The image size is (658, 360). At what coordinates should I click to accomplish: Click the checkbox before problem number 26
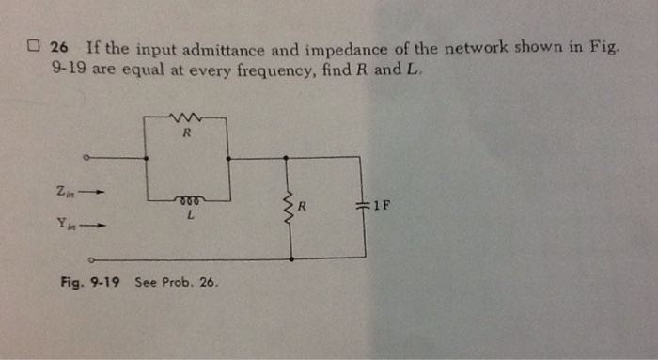click(33, 47)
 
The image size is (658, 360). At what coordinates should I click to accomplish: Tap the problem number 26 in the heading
click(60, 47)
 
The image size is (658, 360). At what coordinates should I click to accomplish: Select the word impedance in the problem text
click(353, 47)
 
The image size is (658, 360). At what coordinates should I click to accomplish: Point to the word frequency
click(265, 70)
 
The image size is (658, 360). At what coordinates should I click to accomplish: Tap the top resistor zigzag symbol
click(185, 117)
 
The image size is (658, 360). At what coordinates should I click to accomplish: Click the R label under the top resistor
click(186, 133)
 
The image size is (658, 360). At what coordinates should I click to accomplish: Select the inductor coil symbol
click(187, 199)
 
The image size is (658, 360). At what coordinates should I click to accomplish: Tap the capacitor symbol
click(362, 206)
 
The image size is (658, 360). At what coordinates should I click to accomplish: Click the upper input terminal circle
click(87, 158)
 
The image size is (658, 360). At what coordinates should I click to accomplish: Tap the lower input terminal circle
click(91, 258)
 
